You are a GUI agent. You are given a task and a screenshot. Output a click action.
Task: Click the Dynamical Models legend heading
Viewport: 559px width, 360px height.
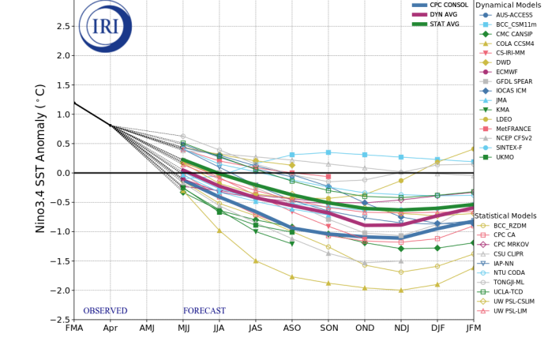[516, 5]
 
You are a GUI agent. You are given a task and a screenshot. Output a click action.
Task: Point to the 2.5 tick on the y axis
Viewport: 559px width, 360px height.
[58, 26]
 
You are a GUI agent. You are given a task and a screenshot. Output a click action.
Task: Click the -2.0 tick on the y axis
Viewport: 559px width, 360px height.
[56, 290]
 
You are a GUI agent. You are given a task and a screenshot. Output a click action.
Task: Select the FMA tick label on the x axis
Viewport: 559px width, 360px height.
[74, 328]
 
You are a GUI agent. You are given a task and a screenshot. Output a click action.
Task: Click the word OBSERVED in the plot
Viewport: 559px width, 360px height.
[105, 311]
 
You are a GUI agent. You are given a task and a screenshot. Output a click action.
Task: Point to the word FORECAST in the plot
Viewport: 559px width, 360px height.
[204, 311]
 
